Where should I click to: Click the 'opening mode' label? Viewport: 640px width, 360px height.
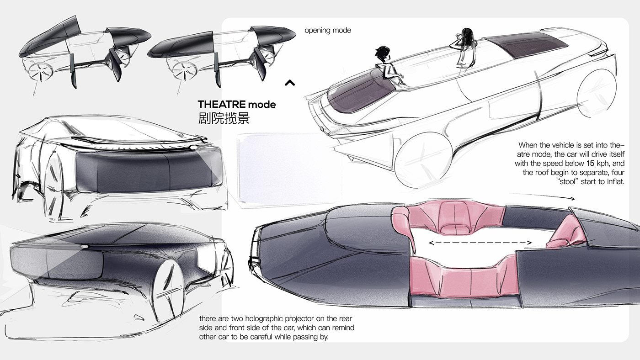(328, 31)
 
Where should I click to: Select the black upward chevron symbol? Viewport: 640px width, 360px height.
(289, 83)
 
